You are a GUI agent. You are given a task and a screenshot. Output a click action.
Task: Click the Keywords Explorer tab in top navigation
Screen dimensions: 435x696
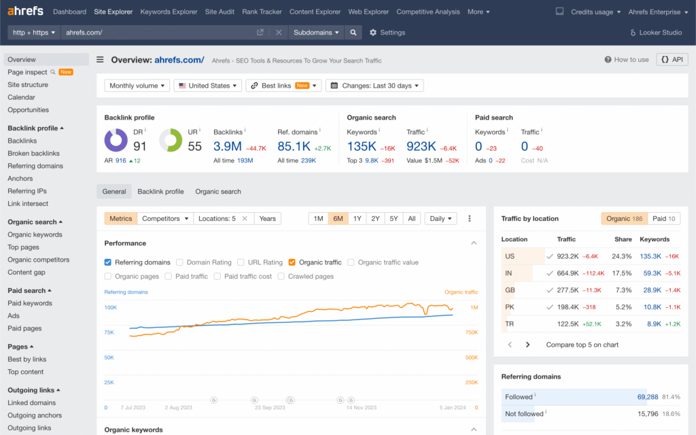click(169, 12)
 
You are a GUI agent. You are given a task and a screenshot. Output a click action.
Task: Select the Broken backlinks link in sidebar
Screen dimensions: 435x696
click(33, 154)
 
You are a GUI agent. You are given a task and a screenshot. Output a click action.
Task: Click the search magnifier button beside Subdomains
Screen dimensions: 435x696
click(353, 33)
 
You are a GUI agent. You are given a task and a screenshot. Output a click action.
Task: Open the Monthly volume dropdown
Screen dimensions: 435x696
click(137, 86)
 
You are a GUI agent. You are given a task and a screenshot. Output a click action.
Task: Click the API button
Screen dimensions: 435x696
click(672, 60)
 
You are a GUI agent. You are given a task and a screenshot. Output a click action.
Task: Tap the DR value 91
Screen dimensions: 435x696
click(140, 146)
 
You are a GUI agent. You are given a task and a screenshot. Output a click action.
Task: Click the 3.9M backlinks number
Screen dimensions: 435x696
click(228, 146)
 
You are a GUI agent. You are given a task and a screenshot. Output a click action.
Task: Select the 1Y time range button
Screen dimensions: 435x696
click(357, 219)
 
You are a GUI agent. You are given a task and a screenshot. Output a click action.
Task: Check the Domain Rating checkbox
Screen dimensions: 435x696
click(180, 262)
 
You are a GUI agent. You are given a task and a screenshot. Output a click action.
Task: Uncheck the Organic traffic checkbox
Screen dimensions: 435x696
click(292, 262)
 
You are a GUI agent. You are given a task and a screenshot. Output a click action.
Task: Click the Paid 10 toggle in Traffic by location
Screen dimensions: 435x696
click(663, 219)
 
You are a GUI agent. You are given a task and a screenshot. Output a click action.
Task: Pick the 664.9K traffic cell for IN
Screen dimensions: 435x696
click(568, 273)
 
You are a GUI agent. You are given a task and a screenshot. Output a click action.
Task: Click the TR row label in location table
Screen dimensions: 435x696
click(510, 324)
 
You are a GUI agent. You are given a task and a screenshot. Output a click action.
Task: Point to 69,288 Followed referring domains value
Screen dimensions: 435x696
click(647, 396)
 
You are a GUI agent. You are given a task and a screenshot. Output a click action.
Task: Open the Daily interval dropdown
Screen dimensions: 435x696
click(441, 219)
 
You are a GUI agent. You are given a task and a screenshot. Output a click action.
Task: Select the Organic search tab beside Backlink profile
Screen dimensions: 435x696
click(218, 192)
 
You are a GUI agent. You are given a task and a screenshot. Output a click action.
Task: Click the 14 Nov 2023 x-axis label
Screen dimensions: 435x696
click(362, 408)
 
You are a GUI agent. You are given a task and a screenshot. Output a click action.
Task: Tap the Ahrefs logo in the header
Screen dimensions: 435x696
click(25, 12)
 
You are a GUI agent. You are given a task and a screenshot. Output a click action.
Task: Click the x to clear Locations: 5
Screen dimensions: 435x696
click(245, 219)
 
